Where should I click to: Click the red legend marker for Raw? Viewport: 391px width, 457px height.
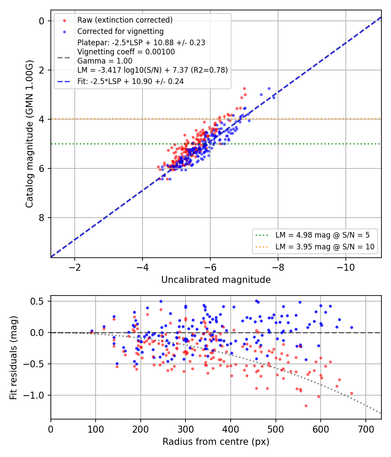pyautogui.click(x=65, y=20)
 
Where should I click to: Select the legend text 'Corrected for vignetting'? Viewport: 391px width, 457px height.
pyautogui.click(x=120, y=31)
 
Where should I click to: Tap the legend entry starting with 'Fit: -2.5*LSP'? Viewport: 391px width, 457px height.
pyautogui.click(x=131, y=81)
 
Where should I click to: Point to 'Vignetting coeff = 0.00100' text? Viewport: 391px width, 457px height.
pyautogui.click(x=126, y=52)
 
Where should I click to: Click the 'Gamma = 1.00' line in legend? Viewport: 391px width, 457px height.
pyautogui.click(x=105, y=61)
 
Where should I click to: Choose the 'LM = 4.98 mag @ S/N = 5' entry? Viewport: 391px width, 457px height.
pyautogui.click(x=322, y=235)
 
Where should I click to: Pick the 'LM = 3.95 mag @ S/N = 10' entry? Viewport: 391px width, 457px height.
pyautogui.click(x=325, y=247)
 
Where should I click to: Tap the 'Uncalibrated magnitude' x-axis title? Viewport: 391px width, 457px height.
pyautogui.click(x=216, y=280)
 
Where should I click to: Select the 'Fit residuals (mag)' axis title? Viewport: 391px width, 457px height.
pyautogui.click(x=13, y=357)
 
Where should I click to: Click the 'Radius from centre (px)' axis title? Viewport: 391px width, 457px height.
pyautogui.click(x=216, y=442)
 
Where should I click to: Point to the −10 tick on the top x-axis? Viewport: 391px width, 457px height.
pyautogui.click(x=346, y=267)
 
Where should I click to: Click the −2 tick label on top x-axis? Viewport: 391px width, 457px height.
pyautogui.click(x=74, y=267)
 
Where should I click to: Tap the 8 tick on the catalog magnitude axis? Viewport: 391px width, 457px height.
pyautogui.click(x=42, y=218)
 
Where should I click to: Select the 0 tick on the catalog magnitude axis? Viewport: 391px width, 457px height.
pyautogui.click(x=42, y=21)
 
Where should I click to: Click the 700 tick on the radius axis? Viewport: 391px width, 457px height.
pyautogui.click(x=365, y=429)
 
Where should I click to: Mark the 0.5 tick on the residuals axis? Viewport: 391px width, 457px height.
pyautogui.click(x=36, y=301)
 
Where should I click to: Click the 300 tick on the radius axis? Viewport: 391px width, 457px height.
pyautogui.click(x=186, y=429)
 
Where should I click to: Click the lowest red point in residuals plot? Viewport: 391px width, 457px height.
pyautogui.click(x=306, y=406)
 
